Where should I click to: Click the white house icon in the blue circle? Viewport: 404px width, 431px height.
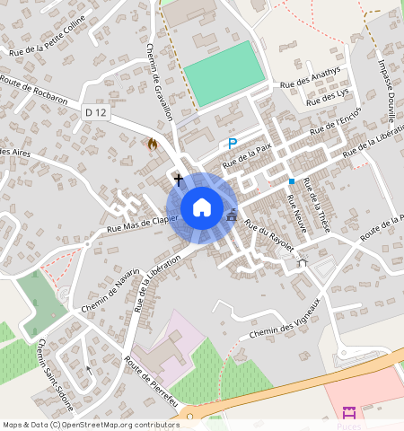(x=202, y=207)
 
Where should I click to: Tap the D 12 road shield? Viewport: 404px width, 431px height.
(x=97, y=112)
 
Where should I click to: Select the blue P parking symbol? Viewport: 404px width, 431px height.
(x=233, y=144)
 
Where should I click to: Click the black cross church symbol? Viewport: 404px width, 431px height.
(x=178, y=180)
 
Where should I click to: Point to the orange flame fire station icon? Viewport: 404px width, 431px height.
(x=152, y=143)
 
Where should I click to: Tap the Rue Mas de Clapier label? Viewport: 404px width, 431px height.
(x=137, y=226)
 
